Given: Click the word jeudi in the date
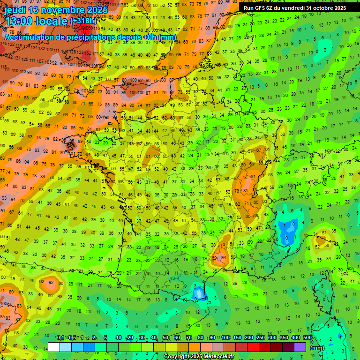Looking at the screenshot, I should [x=15, y=10].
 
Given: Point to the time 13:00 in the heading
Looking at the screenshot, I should [x=21, y=21].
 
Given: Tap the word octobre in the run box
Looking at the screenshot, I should [x=319, y=8].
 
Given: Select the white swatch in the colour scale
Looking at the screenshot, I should [x=54, y=347].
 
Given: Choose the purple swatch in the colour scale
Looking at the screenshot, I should [x=300, y=347].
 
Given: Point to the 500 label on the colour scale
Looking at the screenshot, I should [x=307, y=338].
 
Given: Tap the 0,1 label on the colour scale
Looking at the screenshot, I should [x=60, y=338].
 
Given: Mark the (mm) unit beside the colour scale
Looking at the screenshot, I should [x=317, y=348].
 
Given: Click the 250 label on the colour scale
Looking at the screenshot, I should [x=260, y=338].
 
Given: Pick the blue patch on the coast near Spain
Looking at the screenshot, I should [x=198, y=294].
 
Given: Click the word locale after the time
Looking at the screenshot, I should [x=52, y=21].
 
